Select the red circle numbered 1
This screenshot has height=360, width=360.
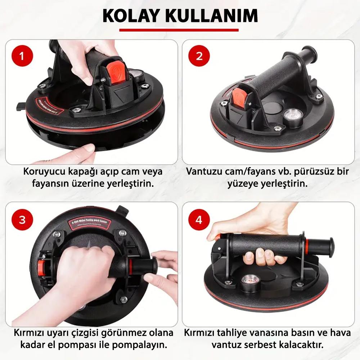click(22, 56)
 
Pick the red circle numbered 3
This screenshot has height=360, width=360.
click(22, 219)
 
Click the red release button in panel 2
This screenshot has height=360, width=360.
click(238, 99)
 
